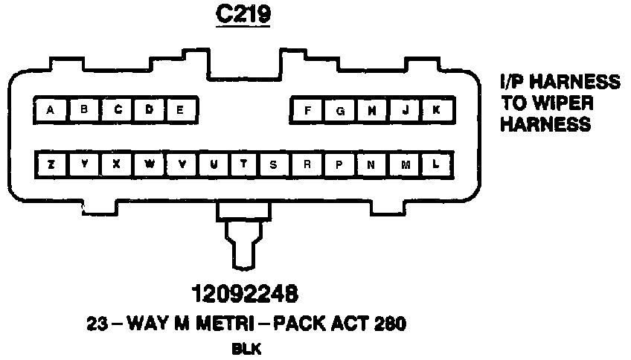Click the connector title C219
(x=242, y=15)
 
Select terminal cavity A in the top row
(x=50, y=111)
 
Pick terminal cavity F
(x=307, y=111)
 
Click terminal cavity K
(x=437, y=111)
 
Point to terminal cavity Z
(x=50, y=164)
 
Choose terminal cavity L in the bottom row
(x=437, y=164)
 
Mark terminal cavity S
(x=274, y=164)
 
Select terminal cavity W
(x=148, y=164)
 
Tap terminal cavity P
(x=339, y=164)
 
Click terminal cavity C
(x=116, y=111)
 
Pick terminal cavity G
(x=339, y=111)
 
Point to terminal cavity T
(x=243, y=164)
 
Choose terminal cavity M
(x=405, y=164)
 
